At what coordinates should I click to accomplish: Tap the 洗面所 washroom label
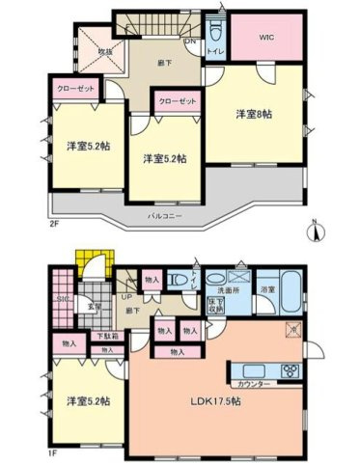pos(229,289)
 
